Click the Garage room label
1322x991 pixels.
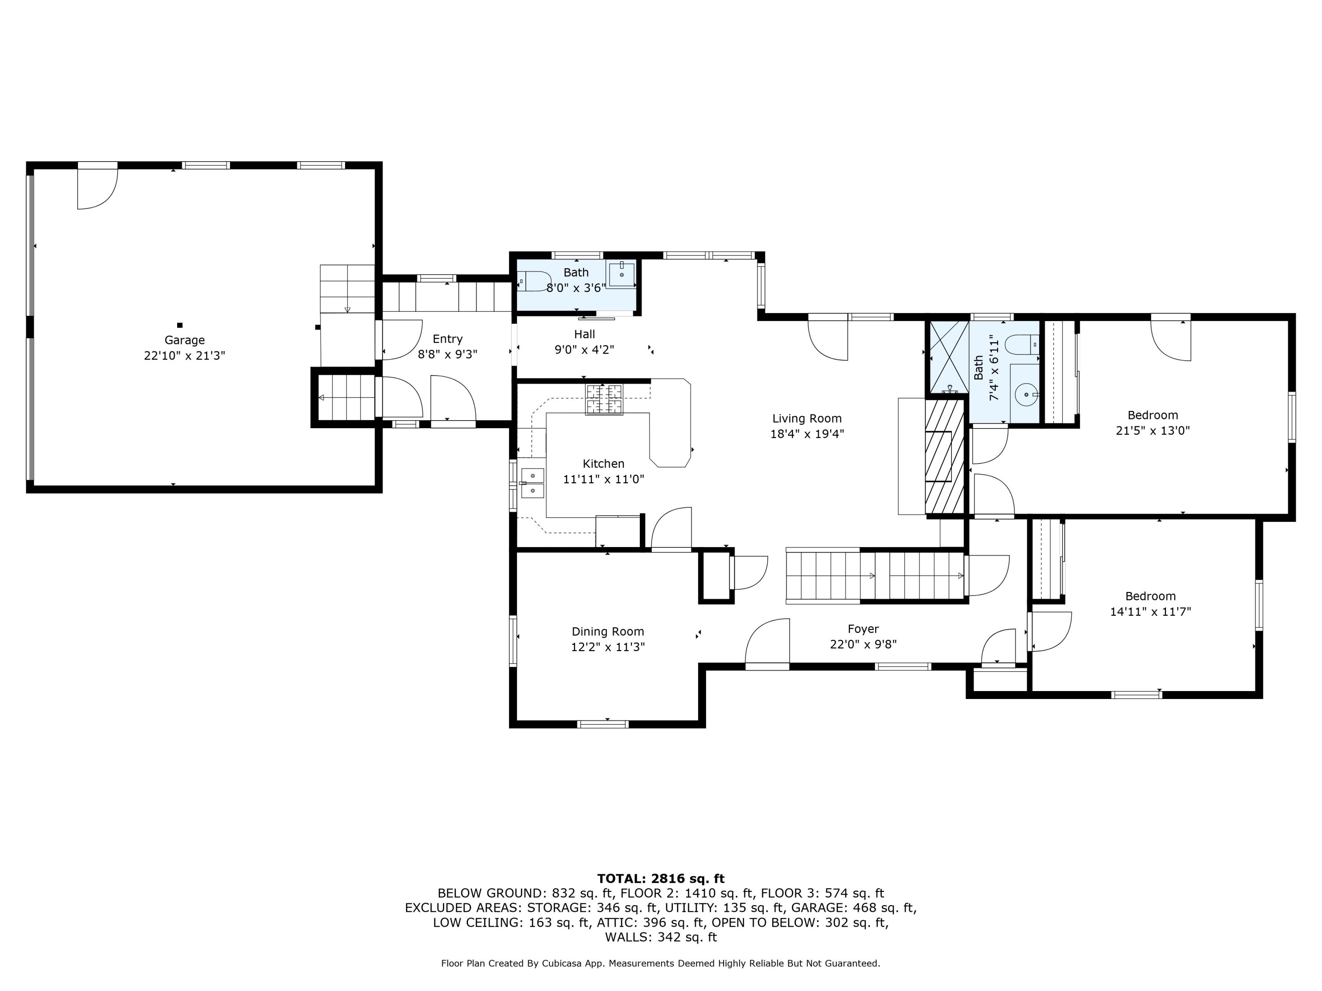(x=185, y=340)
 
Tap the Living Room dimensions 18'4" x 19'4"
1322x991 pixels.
(x=807, y=434)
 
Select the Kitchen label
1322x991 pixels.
(x=604, y=463)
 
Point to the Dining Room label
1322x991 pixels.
(x=608, y=632)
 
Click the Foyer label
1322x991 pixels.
(x=863, y=629)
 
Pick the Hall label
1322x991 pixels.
(x=584, y=334)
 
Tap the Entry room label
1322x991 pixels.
(x=448, y=339)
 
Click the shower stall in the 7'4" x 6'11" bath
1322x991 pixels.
(x=947, y=357)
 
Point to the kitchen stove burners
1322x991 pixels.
(x=604, y=399)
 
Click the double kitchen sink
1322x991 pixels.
(x=532, y=483)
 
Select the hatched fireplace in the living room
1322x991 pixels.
(x=945, y=456)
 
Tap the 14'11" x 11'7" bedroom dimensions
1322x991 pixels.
(x=1151, y=612)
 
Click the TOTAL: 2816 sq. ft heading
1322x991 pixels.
(x=661, y=879)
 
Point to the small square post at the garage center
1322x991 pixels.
(x=179, y=325)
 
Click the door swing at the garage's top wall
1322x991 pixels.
(x=97, y=189)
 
